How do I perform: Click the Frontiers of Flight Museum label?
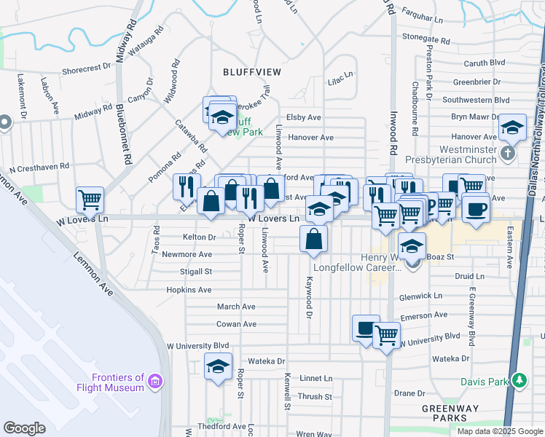pos(118,382)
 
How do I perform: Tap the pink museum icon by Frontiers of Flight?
pos(154,380)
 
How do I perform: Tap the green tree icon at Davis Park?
pos(519,379)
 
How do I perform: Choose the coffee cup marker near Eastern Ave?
pos(476,209)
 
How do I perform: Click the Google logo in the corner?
pos(24,428)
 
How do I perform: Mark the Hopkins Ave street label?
pos(189,290)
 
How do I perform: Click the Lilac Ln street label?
pos(340,75)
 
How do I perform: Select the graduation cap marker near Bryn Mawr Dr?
pos(513,128)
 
